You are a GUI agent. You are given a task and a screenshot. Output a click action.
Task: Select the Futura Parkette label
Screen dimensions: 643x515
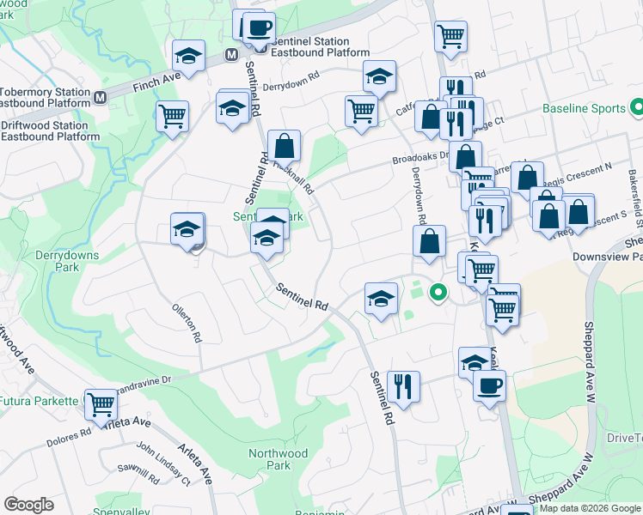tap(40, 401)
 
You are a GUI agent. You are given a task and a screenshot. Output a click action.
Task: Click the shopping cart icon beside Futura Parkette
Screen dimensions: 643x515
tap(101, 403)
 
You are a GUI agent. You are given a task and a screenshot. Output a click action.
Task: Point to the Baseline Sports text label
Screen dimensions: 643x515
tap(584, 109)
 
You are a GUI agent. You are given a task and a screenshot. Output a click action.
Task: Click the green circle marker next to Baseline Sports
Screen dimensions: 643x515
tap(637, 108)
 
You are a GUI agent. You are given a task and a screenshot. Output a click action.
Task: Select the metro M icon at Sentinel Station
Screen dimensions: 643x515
tap(231, 54)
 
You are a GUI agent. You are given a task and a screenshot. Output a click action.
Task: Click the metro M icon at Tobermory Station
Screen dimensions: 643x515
tap(101, 97)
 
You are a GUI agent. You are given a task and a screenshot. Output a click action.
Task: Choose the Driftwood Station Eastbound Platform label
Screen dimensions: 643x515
tap(50, 130)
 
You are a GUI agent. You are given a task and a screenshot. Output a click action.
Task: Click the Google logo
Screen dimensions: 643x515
tap(28, 505)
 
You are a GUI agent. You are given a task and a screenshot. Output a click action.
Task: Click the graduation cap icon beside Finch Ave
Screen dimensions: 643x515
tap(188, 57)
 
